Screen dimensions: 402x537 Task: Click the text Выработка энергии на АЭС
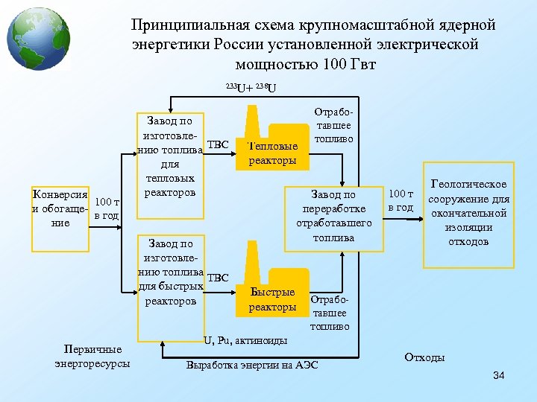click(x=252, y=366)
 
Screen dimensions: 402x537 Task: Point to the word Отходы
click(x=424, y=357)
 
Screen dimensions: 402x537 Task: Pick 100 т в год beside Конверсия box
click(x=107, y=209)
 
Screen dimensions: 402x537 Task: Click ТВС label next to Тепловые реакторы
click(x=217, y=143)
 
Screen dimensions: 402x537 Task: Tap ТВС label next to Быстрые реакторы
click(x=217, y=278)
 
